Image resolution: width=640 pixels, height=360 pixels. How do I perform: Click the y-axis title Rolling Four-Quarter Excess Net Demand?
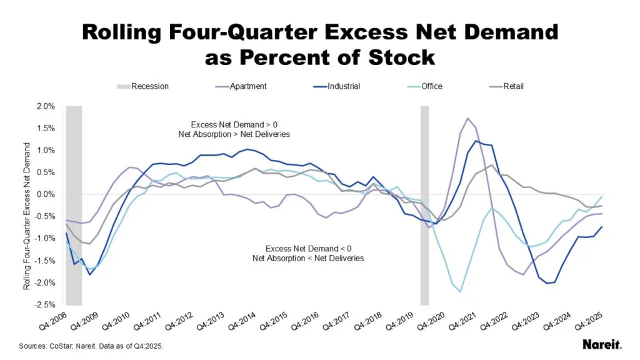click(x=27, y=216)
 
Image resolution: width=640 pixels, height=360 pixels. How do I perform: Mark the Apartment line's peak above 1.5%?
click(x=467, y=118)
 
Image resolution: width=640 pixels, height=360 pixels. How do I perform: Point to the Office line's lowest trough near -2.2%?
click(x=460, y=291)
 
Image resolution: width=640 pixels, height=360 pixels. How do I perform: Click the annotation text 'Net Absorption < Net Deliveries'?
click(x=307, y=258)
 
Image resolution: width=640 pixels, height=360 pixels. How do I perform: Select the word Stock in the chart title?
click(x=396, y=57)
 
